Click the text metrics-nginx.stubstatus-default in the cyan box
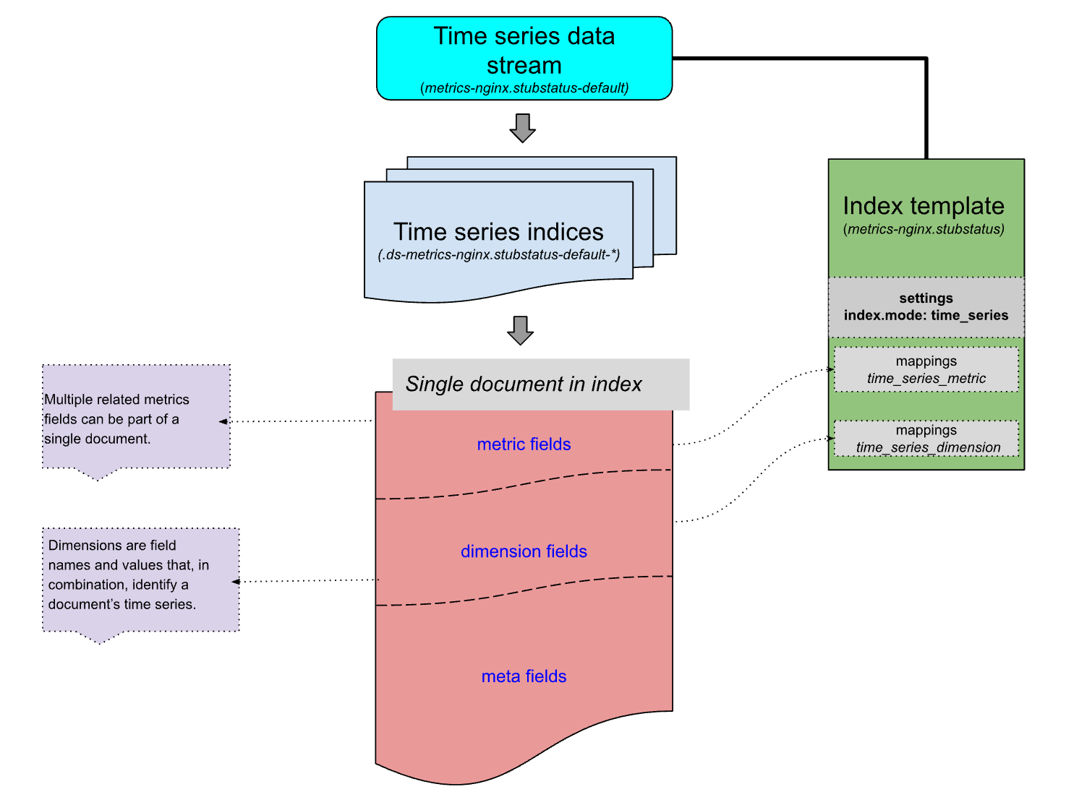pos(524,88)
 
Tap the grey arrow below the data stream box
pos(522,128)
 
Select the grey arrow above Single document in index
pos(520,330)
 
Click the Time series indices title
pos(498,232)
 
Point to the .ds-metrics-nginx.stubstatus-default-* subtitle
pos(498,255)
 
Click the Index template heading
pos(924,207)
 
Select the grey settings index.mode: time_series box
pos(926,307)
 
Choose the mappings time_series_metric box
pos(926,370)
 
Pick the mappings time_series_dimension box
pos(926,439)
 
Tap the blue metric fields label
pos(524,444)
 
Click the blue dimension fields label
pos(524,551)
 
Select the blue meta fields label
pos(524,676)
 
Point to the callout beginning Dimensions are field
pos(140,578)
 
